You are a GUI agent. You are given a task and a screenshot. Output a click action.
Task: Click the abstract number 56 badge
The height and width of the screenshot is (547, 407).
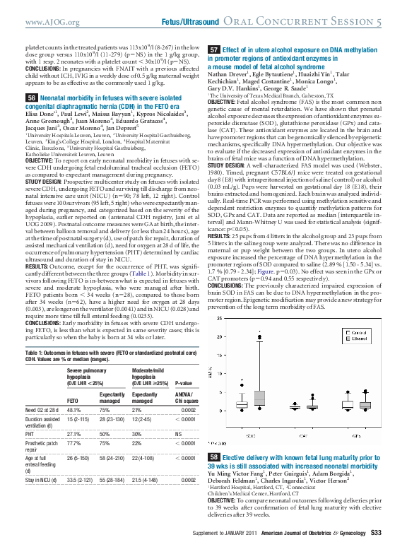[32, 97]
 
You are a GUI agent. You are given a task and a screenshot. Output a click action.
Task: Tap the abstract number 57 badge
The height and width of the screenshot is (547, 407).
[214, 50]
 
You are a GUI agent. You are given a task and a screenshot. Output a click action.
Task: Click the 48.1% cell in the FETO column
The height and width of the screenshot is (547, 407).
[73, 408]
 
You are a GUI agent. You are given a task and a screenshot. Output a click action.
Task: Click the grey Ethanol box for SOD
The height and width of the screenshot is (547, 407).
[261, 400]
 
